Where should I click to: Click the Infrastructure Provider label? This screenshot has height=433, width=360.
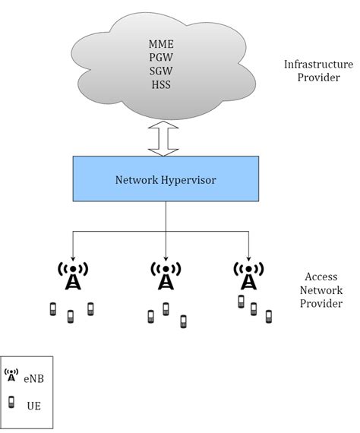click(x=318, y=71)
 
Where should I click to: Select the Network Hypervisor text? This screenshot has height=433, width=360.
click(x=165, y=181)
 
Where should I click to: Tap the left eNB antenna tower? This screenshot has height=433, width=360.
click(x=73, y=277)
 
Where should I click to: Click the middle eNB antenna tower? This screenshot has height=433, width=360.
click(x=165, y=277)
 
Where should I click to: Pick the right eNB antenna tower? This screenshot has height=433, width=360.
click(x=248, y=277)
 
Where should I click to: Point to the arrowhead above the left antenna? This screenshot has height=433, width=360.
click(x=73, y=255)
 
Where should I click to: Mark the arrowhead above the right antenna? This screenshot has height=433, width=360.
click(x=248, y=255)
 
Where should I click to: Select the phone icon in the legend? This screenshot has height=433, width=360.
click(x=11, y=403)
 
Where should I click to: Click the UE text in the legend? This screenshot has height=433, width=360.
click(x=33, y=405)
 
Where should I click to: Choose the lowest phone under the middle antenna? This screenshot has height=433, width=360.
click(x=183, y=322)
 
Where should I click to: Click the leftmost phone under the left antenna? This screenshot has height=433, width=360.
click(x=53, y=308)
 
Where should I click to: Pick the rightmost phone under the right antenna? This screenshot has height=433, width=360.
click(x=268, y=315)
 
